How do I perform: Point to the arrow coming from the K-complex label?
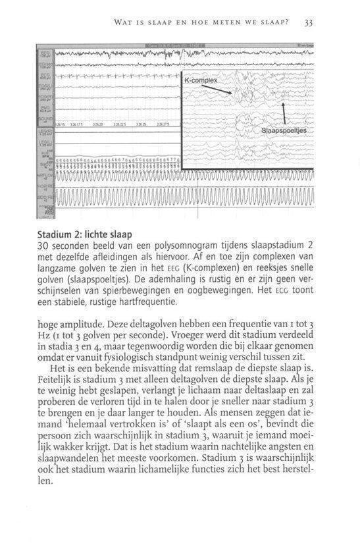pos(224,88)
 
